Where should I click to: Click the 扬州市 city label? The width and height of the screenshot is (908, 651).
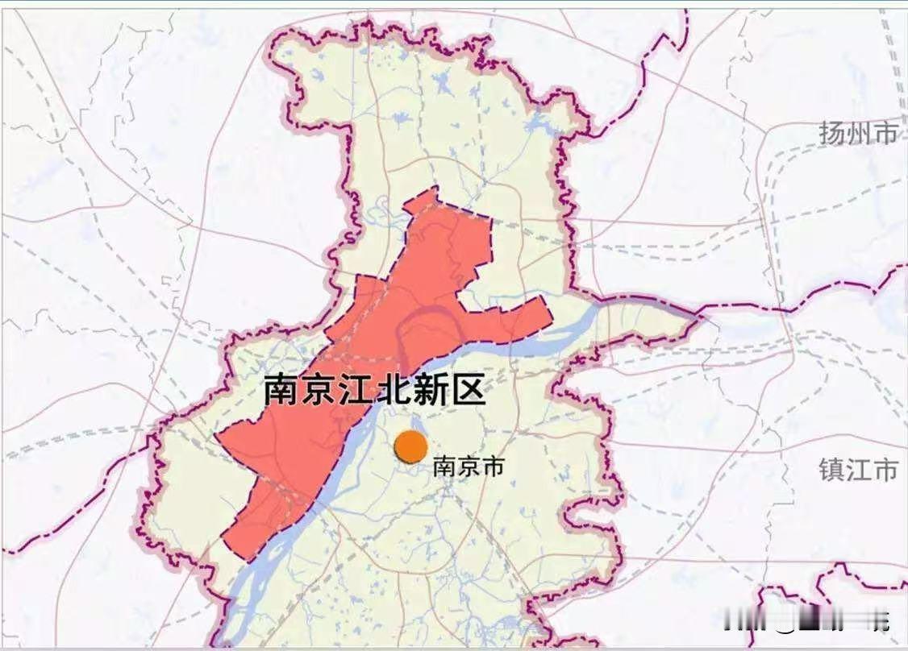pos(858,133)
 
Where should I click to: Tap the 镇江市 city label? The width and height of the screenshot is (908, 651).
pos(858,469)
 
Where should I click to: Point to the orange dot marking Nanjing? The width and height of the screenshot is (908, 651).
pos(410,446)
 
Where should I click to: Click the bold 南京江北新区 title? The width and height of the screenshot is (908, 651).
pos(375,391)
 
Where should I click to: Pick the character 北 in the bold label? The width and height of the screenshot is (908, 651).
pos(394,391)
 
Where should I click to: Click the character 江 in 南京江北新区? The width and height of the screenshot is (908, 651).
pos(356,391)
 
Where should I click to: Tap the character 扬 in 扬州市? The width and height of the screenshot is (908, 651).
pos(832,133)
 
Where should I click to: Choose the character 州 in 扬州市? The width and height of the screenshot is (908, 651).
pos(859,133)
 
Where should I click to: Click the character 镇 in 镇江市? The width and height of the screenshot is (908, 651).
pos(831,469)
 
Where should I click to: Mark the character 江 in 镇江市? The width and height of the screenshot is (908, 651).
pos(858,469)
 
